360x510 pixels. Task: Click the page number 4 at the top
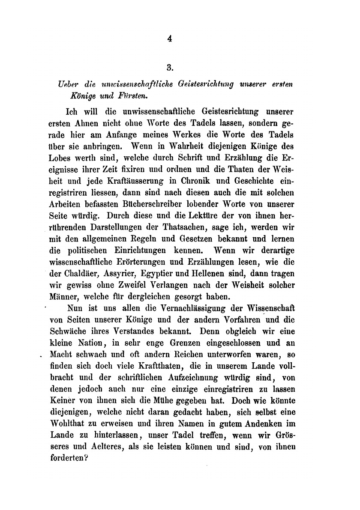pos(170,39)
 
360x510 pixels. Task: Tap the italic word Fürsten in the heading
pos(103,96)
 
